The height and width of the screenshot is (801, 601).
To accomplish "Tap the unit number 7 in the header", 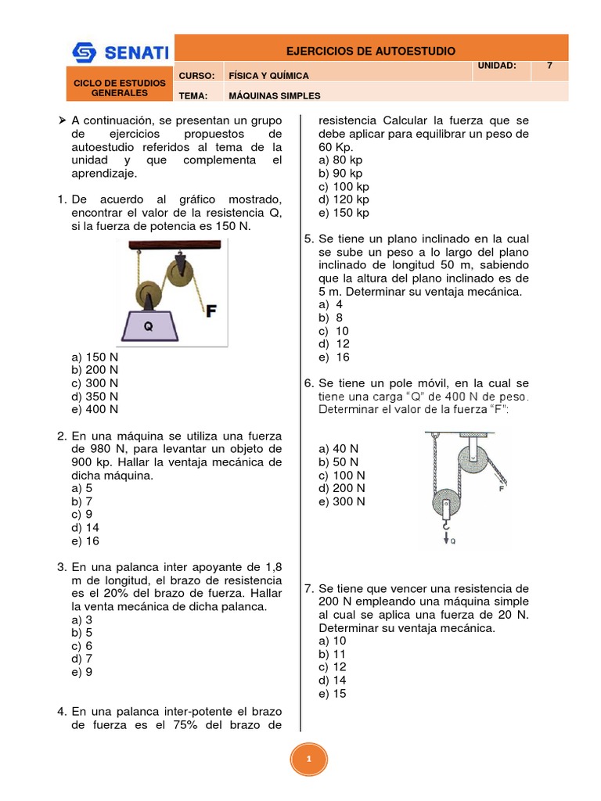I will click(x=549, y=66).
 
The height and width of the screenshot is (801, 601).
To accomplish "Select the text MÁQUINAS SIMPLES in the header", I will click(x=274, y=95).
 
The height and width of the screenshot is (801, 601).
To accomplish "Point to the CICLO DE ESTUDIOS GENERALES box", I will click(x=120, y=88).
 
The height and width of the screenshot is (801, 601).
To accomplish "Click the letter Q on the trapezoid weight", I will click(x=148, y=327).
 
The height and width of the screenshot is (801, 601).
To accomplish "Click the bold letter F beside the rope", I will click(x=211, y=311).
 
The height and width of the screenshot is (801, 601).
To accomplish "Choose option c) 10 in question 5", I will click(x=333, y=331).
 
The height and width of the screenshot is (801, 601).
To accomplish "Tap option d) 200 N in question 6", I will click(x=341, y=488).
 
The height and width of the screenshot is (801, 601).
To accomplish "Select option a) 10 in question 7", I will click(x=333, y=641).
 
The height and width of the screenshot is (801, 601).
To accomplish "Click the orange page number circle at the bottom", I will click(x=308, y=759).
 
